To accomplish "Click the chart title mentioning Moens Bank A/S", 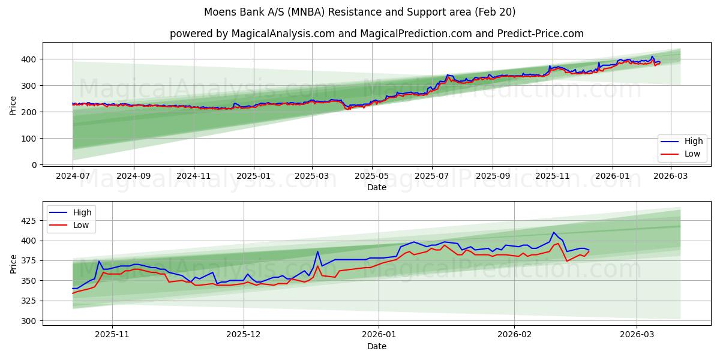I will pyautogui.click(x=359, y=12).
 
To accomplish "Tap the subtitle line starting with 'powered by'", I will pyautogui.click(x=376, y=34).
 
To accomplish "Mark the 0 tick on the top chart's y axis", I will pyautogui.click(x=34, y=164).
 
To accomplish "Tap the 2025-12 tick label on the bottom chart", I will pyautogui.click(x=244, y=335).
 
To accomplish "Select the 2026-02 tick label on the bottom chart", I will pyautogui.click(x=515, y=335).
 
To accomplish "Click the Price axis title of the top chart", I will pyautogui.click(x=13, y=106).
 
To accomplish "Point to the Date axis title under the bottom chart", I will pyautogui.click(x=376, y=346).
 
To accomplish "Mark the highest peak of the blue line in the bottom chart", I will pyautogui.click(x=554, y=232).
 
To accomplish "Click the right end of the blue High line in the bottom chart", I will pyautogui.click(x=589, y=250).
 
